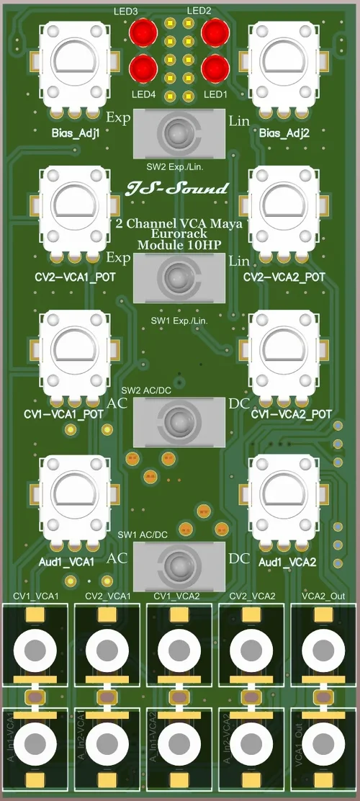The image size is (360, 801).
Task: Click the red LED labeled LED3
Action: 143,32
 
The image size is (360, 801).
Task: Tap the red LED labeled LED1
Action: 215,68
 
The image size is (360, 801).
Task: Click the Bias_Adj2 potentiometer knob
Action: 284,64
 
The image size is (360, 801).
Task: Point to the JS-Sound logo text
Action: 178,189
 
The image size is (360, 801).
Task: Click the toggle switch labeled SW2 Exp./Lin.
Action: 177,133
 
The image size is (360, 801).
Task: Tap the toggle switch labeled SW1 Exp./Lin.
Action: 177,278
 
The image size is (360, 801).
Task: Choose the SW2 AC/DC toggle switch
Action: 177,420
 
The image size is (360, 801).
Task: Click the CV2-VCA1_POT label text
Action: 75,277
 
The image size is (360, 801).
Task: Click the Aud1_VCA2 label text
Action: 287,562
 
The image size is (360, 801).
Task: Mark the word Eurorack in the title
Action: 178,234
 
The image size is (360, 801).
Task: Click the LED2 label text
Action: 199,11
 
